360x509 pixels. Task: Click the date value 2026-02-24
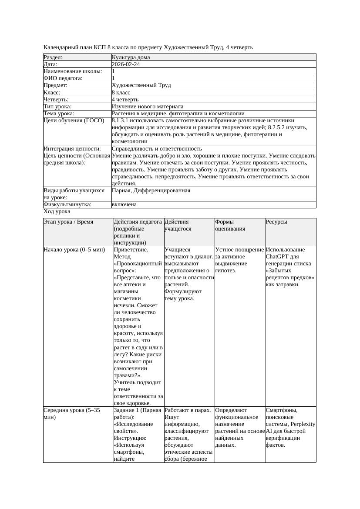tap(126, 64)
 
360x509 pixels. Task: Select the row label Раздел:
tap(53, 57)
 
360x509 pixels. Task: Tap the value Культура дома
tap(131, 57)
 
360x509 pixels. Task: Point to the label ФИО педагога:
tap(63, 78)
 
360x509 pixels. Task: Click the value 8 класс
tap(121, 92)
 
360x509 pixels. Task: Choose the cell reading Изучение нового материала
tap(148, 107)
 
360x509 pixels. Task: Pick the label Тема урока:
tap(59, 114)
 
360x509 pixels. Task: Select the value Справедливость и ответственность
tap(157, 149)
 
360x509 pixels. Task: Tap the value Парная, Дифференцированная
tap(151, 191)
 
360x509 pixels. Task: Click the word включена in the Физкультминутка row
tap(124, 204)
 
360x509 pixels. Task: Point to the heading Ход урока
tap(57, 211)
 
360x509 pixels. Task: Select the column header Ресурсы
tap(276, 222)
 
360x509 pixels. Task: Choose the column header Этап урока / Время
tap(68, 222)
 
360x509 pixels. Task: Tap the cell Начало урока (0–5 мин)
tap(74, 250)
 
